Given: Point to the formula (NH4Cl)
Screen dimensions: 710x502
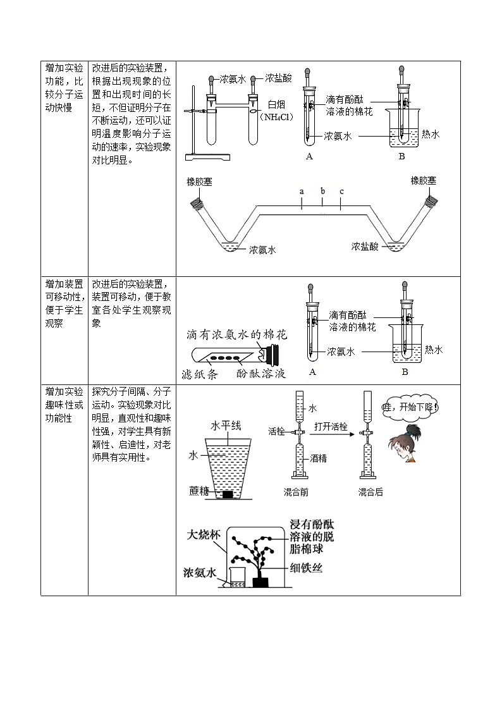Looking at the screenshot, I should [x=277, y=117].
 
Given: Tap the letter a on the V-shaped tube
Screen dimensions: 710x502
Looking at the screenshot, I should [x=302, y=191].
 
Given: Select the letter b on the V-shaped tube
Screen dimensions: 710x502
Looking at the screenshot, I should [x=322, y=191].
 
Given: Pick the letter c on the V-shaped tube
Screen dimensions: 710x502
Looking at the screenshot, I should [x=341, y=191].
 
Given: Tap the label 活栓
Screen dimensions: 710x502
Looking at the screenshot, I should [x=276, y=432].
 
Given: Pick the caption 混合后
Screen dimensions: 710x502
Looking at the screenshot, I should [x=370, y=492].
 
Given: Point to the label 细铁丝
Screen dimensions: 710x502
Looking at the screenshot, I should [x=307, y=568].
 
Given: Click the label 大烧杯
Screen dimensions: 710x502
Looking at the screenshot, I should [x=203, y=534].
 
